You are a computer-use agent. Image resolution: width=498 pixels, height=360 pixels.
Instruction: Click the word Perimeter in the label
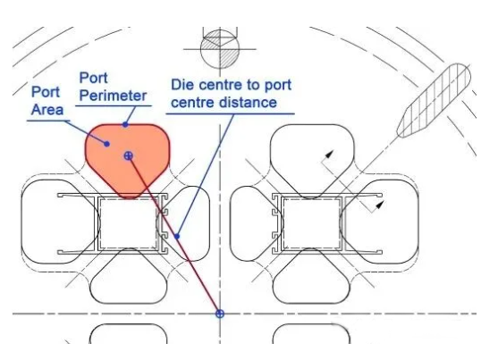(x=113, y=96)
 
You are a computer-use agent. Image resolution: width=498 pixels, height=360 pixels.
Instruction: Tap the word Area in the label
(x=47, y=110)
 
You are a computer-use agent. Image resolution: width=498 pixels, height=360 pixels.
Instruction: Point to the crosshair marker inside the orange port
(x=128, y=155)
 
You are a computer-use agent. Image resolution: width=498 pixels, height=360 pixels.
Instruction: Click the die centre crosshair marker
(x=220, y=314)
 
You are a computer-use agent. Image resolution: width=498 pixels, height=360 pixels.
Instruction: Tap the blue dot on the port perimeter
(x=126, y=124)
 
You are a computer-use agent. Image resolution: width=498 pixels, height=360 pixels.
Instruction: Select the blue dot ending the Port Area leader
(x=107, y=144)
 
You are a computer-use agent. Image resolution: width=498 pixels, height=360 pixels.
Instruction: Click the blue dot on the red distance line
(x=177, y=236)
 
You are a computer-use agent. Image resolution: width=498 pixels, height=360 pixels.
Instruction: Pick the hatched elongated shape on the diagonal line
(x=434, y=100)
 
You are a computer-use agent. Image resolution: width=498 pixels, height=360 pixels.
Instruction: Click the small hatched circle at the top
(x=220, y=49)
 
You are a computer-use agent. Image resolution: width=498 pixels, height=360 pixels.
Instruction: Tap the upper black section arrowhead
(x=329, y=154)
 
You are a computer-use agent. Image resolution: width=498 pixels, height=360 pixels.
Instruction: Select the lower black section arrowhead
(x=379, y=205)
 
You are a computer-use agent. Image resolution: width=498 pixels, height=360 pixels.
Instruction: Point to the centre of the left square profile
(x=128, y=224)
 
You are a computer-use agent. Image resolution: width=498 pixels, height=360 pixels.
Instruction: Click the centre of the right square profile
(x=311, y=224)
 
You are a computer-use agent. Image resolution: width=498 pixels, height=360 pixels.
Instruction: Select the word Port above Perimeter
(x=93, y=78)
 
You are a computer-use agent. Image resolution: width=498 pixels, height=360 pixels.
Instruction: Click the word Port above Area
(x=46, y=92)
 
